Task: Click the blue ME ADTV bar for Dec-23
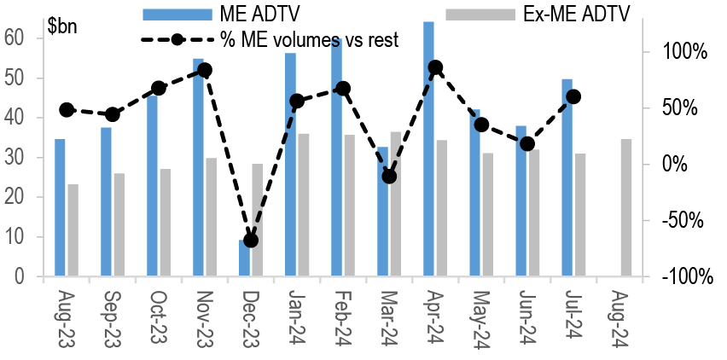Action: tap(244, 258)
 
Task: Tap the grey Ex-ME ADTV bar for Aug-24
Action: tap(626, 208)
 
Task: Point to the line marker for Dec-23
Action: tap(251, 241)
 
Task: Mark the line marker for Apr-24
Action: tap(435, 67)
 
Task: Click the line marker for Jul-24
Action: tap(573, 96)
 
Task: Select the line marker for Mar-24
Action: tap(389, 177)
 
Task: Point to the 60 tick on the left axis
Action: tap(15, 38)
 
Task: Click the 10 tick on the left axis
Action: tap(15, 237)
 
